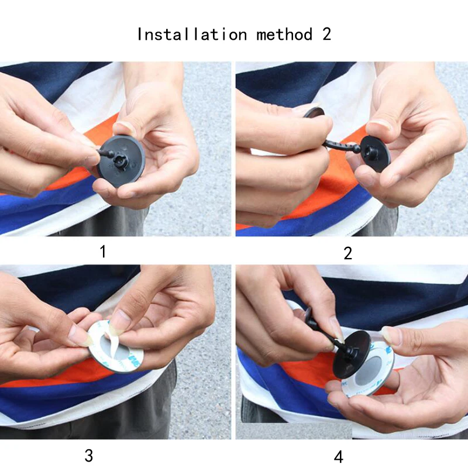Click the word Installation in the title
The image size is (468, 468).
[192, 34]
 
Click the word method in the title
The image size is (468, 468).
[284, 34]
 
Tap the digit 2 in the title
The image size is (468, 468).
[326, 34]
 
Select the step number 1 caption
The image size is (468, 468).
[103, 252]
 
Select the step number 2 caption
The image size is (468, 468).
[347, 253]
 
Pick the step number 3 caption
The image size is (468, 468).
[89, 456]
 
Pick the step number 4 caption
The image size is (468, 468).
[339, 457]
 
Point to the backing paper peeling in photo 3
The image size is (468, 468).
[114, 339]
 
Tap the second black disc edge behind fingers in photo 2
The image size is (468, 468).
[314, 112]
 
